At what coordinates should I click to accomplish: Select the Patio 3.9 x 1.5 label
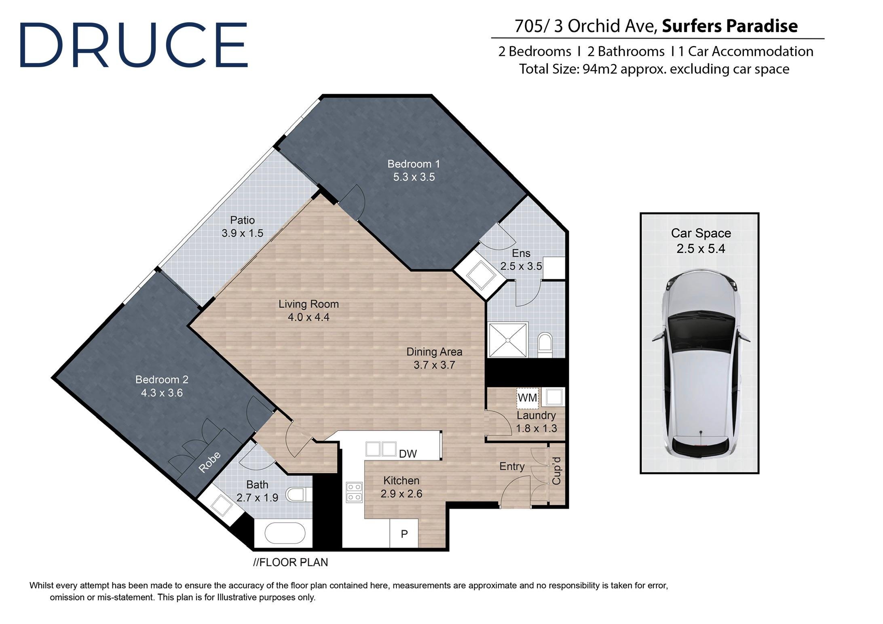[x=242, y=227]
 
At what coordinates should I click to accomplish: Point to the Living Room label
[x=308, y=304]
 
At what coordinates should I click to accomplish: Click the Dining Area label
[x=434, y=352]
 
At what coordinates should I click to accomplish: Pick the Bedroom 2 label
[x=162, y=379]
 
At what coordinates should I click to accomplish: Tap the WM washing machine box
[x=527, y=398]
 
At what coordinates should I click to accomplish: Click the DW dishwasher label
[x=408, y=454]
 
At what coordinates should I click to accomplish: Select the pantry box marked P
[x=404, y=533]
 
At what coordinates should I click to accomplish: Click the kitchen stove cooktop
[x=354, y=492]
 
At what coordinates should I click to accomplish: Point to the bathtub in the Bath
[x=285, y=534]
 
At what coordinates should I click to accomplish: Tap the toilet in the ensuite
[x=545, y=345]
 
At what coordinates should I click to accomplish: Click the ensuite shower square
[x=508, y=339]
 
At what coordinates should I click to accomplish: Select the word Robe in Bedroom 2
[x=210, y=462]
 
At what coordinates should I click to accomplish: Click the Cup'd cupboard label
[x=556, y=471]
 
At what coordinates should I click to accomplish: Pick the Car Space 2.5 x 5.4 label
[x=701, y=241]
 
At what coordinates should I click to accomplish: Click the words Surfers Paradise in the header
[x=730, y=26]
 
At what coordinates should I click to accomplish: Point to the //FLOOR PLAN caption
[x=290, y=562]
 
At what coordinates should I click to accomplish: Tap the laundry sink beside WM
[x=553, y=397]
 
